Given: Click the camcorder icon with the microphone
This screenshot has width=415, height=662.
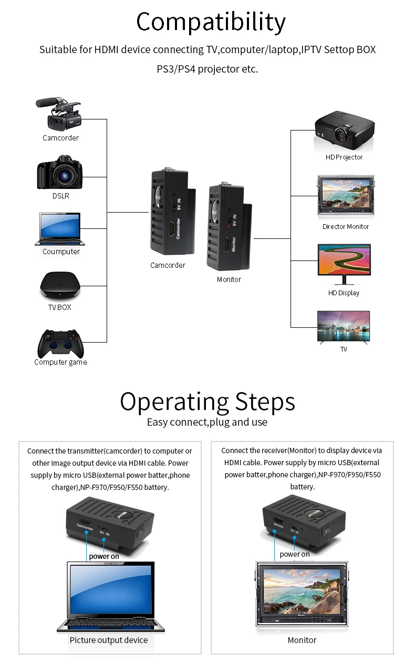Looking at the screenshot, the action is [58, 114].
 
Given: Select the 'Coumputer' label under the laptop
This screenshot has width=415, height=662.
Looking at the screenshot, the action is [61, 252].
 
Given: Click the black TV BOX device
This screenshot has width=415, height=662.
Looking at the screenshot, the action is [60, 285].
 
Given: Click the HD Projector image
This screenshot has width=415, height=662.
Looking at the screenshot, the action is [345, 131].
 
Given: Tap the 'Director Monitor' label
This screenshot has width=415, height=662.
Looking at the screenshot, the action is [345, 227].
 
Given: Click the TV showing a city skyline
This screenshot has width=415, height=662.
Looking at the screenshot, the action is [344, 326].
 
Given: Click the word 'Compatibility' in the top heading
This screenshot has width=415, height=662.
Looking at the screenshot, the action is [211, 22].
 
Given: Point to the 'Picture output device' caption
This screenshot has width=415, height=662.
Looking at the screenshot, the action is [109, 640].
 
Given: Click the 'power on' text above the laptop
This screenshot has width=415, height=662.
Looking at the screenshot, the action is [104, 556].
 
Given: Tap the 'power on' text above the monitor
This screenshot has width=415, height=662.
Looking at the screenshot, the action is [295, 554].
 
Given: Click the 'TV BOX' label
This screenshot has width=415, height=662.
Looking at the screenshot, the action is [60, 307].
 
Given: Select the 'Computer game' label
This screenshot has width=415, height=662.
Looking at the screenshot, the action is [60, 363].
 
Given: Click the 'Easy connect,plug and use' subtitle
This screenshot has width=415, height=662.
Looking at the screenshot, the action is [207, 423].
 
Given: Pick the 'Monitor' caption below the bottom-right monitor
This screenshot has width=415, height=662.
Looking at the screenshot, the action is [302, 640].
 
